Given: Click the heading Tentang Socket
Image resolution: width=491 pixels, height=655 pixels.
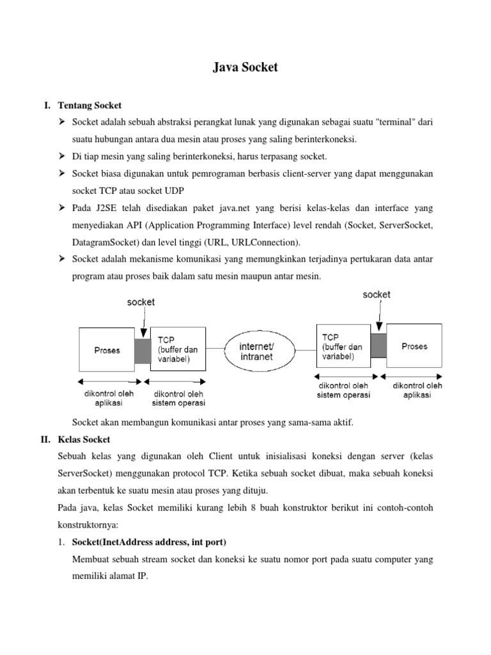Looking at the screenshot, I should (90, 105).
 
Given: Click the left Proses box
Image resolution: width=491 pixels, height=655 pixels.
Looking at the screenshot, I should (107, 350).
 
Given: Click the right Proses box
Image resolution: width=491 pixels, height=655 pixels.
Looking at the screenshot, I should (414, 346).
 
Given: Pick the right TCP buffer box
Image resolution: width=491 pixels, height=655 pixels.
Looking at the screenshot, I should (343, 346).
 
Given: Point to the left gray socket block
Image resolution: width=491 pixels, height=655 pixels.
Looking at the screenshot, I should (143, 350).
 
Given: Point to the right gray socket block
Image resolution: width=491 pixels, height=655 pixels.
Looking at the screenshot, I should (378, 346).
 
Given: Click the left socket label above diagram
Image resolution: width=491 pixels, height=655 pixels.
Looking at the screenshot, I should (141, 302).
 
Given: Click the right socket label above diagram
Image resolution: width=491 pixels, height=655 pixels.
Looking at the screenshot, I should (377, 295).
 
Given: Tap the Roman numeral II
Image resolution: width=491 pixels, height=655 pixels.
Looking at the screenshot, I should (46, 439).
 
